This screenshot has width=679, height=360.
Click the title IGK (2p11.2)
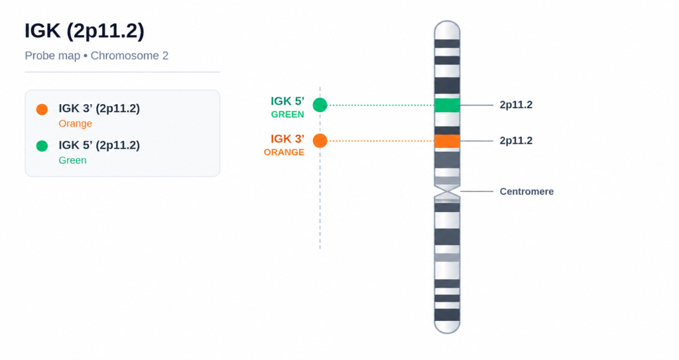click(x=84, y=32)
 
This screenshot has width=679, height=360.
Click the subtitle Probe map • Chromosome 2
click(x=97, y=56)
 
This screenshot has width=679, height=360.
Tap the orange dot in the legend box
click(x=42, y=109)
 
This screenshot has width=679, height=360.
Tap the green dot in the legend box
click(x=42, y=146)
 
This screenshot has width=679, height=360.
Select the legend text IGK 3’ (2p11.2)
click(x=99, y=108)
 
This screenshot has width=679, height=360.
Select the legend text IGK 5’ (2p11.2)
click(x=99, y=145)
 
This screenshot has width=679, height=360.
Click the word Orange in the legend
click(x=76, y=123)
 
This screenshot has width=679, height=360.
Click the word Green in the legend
click(x=72, y=160)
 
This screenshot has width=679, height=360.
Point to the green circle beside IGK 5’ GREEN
click(x=320, y=105)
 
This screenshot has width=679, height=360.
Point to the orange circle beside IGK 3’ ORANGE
click(x=320, y=141)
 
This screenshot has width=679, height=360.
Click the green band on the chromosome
click(x=447, y=105)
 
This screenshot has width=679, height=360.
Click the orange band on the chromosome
click(x=447, y=141)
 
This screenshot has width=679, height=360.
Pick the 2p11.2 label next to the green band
click(x=516, y=105)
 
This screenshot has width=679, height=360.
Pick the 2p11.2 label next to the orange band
click(x=516, y=141)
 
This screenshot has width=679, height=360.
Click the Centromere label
click(x=526, y=192)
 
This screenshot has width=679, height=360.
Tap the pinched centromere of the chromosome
click(x=447, y=191)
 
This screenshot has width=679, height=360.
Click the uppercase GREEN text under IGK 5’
click(x=288, y=115)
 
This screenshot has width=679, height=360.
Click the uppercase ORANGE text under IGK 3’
click(x=284, y=152)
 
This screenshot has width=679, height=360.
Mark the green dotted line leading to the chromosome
click(x=381, y=105)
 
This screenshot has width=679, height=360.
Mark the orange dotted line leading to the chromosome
click(x=381, y=141)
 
